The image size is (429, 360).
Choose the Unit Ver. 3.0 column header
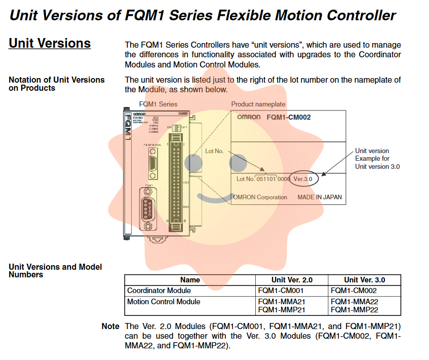click(364, 280)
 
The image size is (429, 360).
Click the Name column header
click(190, 280)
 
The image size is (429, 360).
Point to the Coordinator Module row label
click(159, 291)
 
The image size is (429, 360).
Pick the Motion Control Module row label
click(164, 302)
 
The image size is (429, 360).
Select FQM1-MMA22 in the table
click(355, 302)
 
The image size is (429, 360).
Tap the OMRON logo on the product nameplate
click(249, 117)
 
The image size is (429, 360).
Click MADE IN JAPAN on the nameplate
click(319, 197)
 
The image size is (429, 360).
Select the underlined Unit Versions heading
click(50, 44)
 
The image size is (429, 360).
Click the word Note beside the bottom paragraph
click(110, 327)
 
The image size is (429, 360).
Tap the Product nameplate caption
click(258, 104)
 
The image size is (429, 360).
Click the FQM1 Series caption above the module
click(158, 104)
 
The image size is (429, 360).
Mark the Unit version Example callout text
click(372, 159)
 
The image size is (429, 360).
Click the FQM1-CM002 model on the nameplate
click(288, 117)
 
